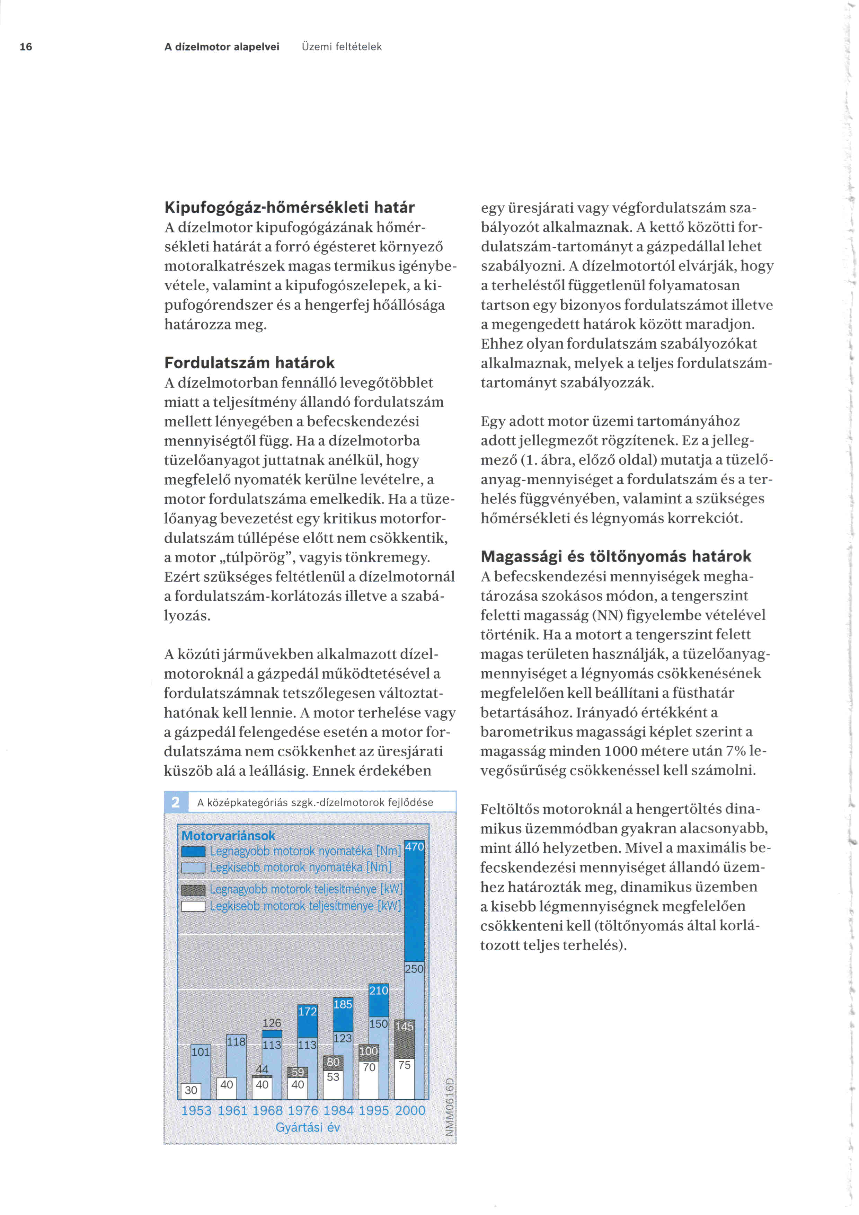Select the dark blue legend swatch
(193, 852)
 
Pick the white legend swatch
(193, 907)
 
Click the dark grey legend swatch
(193, 890)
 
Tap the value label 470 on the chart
(414, 847)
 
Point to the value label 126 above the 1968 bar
(272, 1023)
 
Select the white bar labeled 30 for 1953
(191, 1090)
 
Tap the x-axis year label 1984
(338, 1110)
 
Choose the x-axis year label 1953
(196, 1110)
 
